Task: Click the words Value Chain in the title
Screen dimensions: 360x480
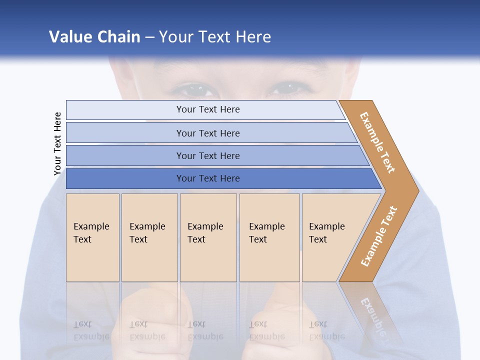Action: click(94, 36)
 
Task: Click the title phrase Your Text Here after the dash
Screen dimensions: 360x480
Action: click(215, 36)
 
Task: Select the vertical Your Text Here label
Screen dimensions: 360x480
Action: click(57, 143)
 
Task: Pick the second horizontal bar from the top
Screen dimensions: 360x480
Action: click(207, 133)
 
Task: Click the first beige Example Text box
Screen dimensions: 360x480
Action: click(92, 237)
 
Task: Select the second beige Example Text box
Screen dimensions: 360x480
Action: click(149, 237)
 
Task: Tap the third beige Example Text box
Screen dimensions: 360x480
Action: click(208, 237)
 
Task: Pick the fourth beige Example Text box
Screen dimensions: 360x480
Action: click(269, 237)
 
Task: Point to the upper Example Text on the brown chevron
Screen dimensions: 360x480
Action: click(377, 142)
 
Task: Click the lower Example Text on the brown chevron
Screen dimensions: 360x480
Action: click(379, 236)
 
